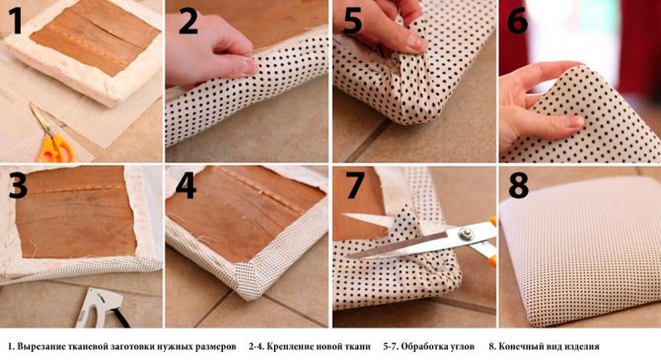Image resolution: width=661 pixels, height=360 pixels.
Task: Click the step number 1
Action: (17, 20)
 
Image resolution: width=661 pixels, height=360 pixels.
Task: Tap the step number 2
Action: (188, 21)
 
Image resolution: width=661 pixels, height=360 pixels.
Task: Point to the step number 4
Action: (185, 185)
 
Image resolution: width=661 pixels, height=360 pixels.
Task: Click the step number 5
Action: (352, 21)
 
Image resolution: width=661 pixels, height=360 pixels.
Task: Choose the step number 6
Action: (517, 21)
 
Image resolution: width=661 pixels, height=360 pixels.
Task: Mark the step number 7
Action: (355, 185)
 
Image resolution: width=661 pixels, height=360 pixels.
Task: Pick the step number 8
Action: (519, 185)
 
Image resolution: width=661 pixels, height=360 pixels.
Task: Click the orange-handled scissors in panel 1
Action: (52, 136)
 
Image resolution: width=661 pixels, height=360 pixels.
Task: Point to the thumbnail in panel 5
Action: (414, 42)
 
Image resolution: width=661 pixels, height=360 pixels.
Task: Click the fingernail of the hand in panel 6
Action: (573, 121)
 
